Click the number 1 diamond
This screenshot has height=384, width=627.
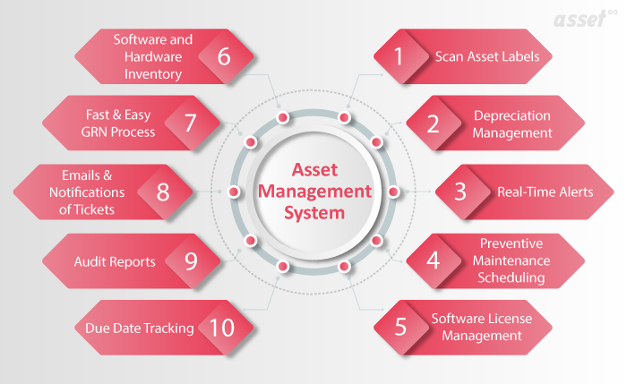pos(400,55)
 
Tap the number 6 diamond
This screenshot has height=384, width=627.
pos(223,55)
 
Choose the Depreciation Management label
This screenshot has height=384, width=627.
pos(512,124)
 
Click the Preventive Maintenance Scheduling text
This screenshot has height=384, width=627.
pos(512,260)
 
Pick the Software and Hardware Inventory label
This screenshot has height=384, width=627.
pos(152,55)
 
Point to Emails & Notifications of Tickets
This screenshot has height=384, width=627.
pos(89,192)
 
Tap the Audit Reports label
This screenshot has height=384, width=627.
pos(115,262)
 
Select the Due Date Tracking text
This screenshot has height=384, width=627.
pos(140,328)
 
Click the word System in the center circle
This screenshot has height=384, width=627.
pos(313,213)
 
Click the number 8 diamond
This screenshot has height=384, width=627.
pos(162,192)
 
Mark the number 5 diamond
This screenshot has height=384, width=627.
pos(400,328)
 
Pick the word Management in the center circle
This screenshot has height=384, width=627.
pos(313,191)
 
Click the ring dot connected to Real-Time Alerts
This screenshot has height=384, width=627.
pos(392,191)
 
